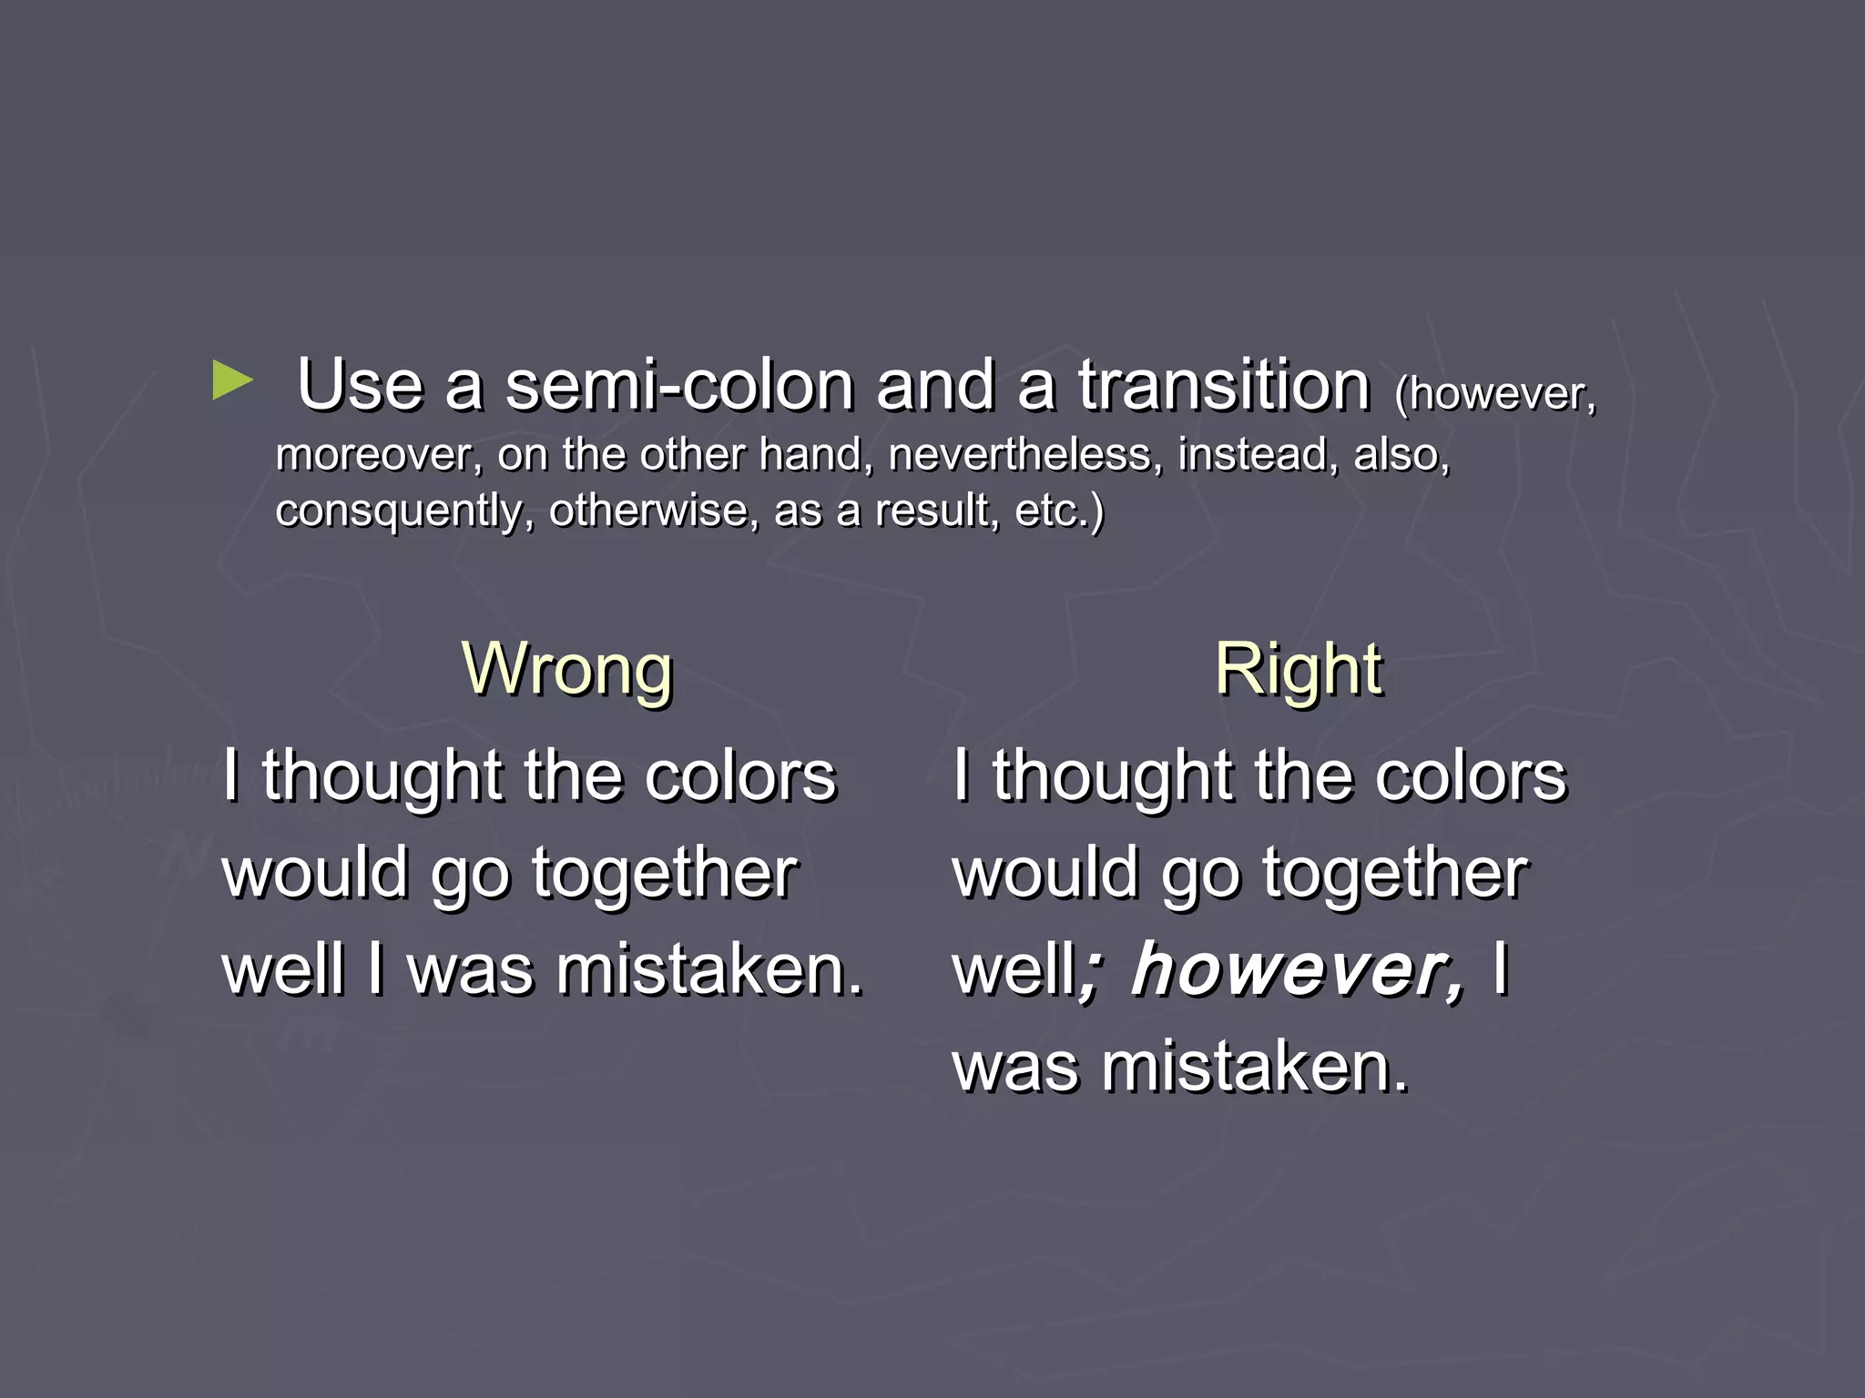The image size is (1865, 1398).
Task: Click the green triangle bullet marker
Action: [232, 380]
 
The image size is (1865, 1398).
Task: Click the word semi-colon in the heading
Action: [679, 386]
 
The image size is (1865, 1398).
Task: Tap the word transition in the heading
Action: [1224, 386]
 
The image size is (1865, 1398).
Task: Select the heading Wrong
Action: [567, 669]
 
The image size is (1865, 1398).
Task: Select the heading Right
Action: [1299, 669]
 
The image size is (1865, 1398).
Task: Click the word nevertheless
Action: [1026, 454]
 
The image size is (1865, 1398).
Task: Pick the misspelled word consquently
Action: [404, 511]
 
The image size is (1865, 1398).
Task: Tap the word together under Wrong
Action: [665, 874]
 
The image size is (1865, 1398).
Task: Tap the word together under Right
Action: [1395, 874]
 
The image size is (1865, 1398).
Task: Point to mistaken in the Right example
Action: [1255, 1067]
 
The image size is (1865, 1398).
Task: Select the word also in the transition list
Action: [1401, 454]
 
